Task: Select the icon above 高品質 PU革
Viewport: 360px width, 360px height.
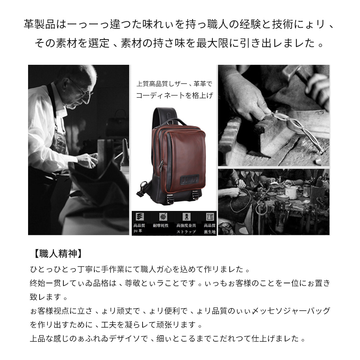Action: pyautogui.click(x=138, y=217)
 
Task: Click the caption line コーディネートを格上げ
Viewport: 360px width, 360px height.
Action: pyautogui.click(x=175, y=96)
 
